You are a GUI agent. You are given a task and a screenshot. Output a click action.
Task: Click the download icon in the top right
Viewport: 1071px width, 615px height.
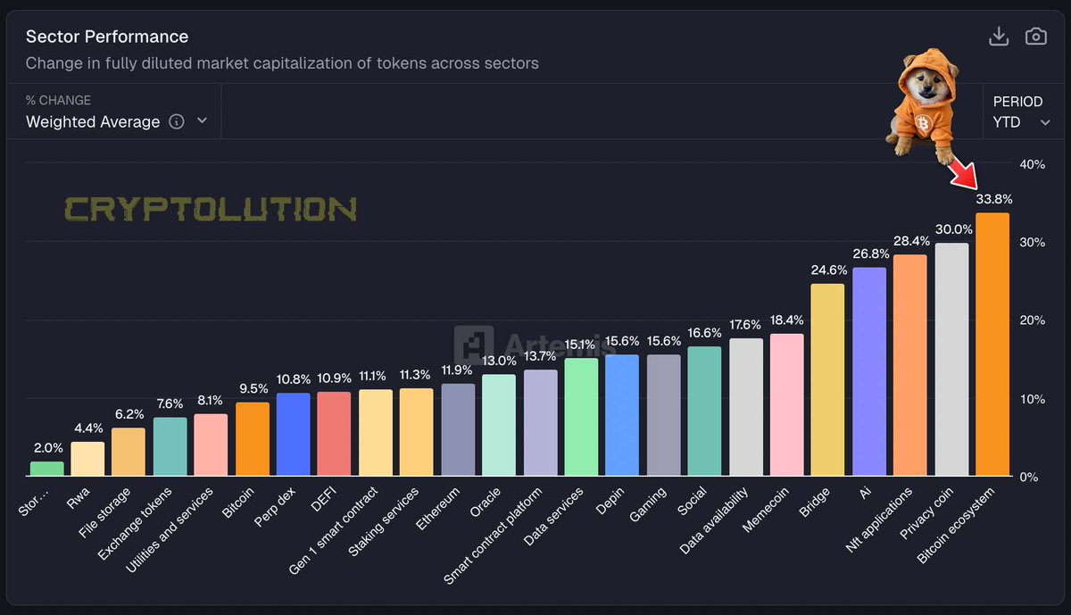(x=999, y=37)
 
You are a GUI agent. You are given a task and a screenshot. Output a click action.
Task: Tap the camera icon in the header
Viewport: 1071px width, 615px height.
(x=1035, y=37)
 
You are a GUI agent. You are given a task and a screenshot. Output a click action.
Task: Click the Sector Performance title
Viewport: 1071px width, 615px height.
(x=107, y=37)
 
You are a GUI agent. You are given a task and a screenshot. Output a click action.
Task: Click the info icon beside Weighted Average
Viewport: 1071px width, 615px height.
(x=177, y=121)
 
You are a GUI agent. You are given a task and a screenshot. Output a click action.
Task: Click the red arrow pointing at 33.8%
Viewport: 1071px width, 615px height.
(x=964, y=171)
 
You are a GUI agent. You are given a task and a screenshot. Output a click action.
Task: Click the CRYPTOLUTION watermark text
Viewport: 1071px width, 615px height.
(x=211, y=210)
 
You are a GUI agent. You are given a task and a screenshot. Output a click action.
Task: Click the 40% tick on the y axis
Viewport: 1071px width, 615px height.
(x=1032, y=164)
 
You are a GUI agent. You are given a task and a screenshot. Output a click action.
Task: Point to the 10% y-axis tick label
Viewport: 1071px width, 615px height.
(x=1032, y=399)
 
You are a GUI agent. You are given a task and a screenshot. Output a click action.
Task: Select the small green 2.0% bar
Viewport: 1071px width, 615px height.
(x=47, y=469)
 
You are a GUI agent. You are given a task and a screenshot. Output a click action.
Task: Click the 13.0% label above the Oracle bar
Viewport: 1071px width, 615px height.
(x=499, y=361)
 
